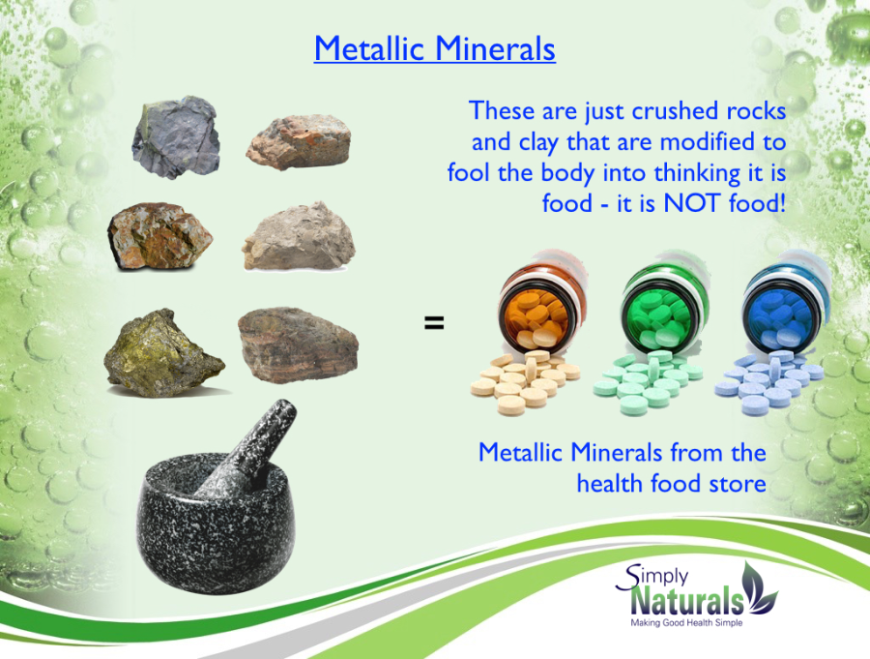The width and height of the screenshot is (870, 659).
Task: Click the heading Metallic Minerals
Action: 434,48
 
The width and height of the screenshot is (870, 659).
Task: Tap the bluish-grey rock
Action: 176,137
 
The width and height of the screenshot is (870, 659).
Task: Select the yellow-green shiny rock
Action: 163,353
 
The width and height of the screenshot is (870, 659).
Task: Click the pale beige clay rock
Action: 299,237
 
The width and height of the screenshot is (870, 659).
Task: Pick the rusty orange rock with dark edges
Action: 159,236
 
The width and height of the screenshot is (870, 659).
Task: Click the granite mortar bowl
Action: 216,525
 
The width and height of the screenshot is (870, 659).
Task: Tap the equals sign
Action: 434,323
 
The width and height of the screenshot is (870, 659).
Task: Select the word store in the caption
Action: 738,484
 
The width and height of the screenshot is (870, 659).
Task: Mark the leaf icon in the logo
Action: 760,587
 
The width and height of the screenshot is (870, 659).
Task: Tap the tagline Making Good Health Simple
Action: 686,623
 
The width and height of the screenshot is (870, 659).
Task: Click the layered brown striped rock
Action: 298,344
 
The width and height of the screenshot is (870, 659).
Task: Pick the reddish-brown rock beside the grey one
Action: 299,142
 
